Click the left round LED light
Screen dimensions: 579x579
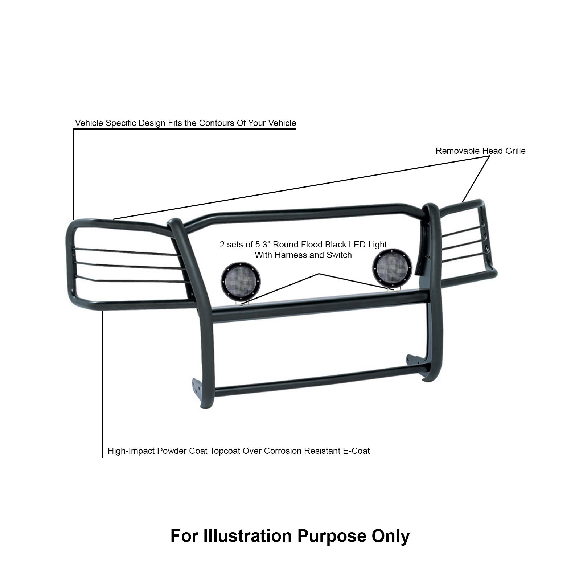point(241,282)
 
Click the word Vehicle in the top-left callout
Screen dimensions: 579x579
point(89,123)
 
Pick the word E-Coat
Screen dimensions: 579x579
point(357,451)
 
